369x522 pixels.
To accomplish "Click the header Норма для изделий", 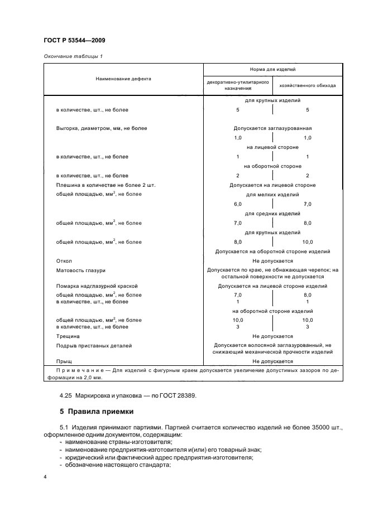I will pos(272,70).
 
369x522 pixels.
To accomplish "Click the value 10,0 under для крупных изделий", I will pos(307,242).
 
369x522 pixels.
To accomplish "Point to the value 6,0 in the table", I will pos(238,204).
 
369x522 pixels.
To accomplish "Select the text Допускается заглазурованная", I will pos(272,128).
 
